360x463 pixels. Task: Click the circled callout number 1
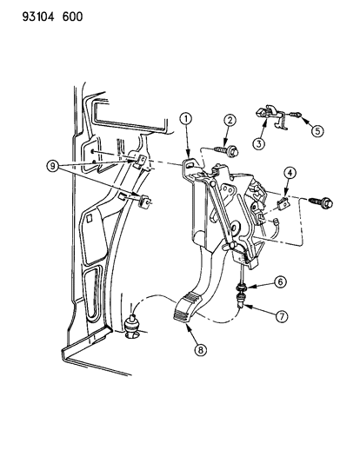click(x=185, y=117)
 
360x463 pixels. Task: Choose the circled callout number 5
click(x=318, y=131)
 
